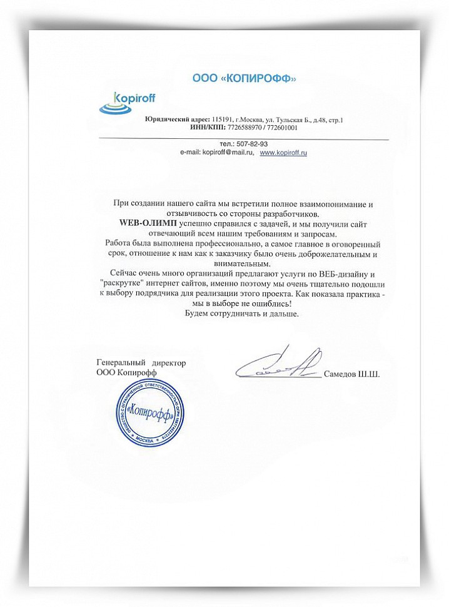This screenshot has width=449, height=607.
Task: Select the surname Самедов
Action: point(340,374)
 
